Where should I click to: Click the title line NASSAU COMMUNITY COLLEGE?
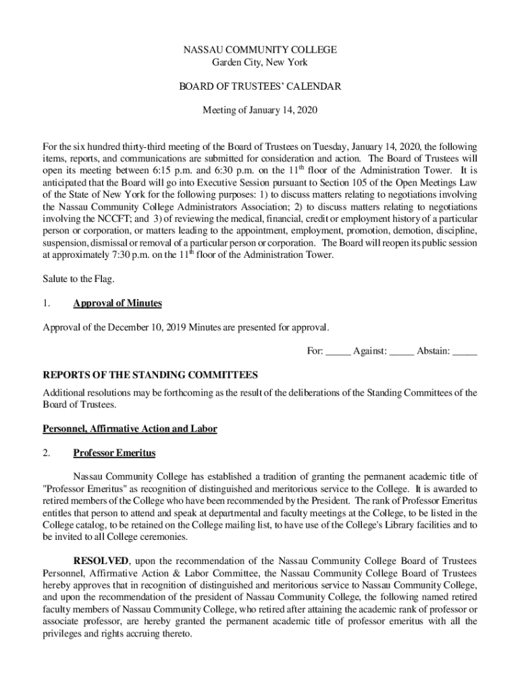[260, 50]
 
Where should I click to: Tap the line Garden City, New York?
[260, 62]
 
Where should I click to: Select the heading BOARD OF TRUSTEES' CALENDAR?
[260, 86]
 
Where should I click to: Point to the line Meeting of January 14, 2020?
[260, 110]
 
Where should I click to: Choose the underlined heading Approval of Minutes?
[118, 303]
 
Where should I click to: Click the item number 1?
[47, 303]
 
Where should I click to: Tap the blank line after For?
[338, 352]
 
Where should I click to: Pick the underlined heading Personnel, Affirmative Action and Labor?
[130, 429]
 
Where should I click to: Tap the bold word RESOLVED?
[101, 561]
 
